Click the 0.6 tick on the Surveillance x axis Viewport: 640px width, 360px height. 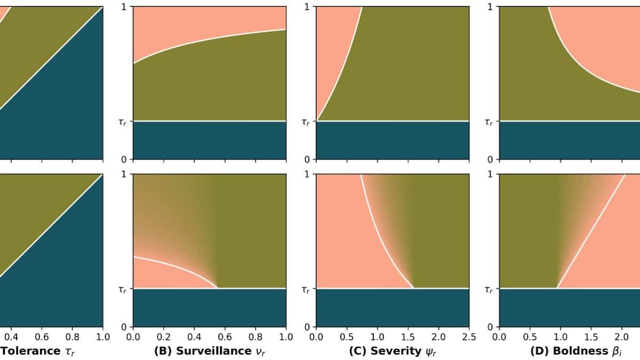tap(225, 337)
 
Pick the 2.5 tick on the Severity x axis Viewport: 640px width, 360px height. tap(469, 337)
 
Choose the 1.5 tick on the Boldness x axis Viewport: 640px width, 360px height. tap(591, 337)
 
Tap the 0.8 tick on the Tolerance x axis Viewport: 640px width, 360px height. tap(73, 337)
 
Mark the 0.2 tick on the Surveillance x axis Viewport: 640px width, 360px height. tap(164, 337)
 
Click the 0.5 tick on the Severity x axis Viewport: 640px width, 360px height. tap(347, 337)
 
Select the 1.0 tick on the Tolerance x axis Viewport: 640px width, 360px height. tap(103, 337)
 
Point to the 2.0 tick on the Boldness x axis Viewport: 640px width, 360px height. tap(621, 337)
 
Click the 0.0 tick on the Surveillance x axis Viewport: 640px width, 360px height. tap(133, 337)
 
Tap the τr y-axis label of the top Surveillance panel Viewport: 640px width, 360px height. tap(123, 122)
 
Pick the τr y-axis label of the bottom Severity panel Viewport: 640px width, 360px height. tap(306, 289)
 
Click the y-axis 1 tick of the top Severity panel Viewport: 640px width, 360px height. tap(307, 7)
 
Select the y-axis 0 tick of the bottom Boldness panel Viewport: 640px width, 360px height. tap(490, 327)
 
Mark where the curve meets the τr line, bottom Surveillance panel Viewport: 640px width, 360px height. tap(218, 288)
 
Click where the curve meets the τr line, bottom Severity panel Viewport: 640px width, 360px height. tap(414, 288)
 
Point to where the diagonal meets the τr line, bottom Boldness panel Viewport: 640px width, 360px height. tap(557, 288)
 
